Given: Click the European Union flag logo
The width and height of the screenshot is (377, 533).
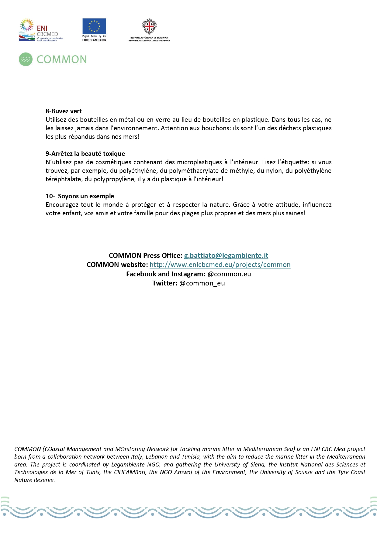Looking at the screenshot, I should tap(94, 26).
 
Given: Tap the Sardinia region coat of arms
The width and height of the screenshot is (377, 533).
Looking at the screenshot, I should tap(149, 27).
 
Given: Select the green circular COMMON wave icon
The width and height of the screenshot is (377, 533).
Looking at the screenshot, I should tap(26, 59).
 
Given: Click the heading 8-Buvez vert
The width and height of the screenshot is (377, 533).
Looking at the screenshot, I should tap(64, 111).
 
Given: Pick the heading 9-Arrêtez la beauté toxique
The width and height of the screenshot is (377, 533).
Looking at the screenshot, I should tap(85, 154).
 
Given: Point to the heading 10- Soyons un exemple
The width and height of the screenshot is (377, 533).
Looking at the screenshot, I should tap(80, 196).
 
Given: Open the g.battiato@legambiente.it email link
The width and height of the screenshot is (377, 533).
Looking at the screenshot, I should tap(226, 255).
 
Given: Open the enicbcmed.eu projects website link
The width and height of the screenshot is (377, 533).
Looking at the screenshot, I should tap(220, 265).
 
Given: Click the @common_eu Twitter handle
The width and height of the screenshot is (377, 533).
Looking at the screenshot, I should tap(202, 283).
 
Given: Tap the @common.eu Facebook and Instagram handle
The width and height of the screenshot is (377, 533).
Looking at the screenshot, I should tap(229, 274).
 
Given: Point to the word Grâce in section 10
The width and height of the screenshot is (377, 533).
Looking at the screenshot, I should tap(241, 205).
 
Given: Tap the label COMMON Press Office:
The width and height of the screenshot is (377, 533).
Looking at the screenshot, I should tap(145, 255).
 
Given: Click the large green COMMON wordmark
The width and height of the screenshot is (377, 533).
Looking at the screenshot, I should tap(62, 60).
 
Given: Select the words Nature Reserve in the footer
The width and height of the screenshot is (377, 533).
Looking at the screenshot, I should tap(34, 480).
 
